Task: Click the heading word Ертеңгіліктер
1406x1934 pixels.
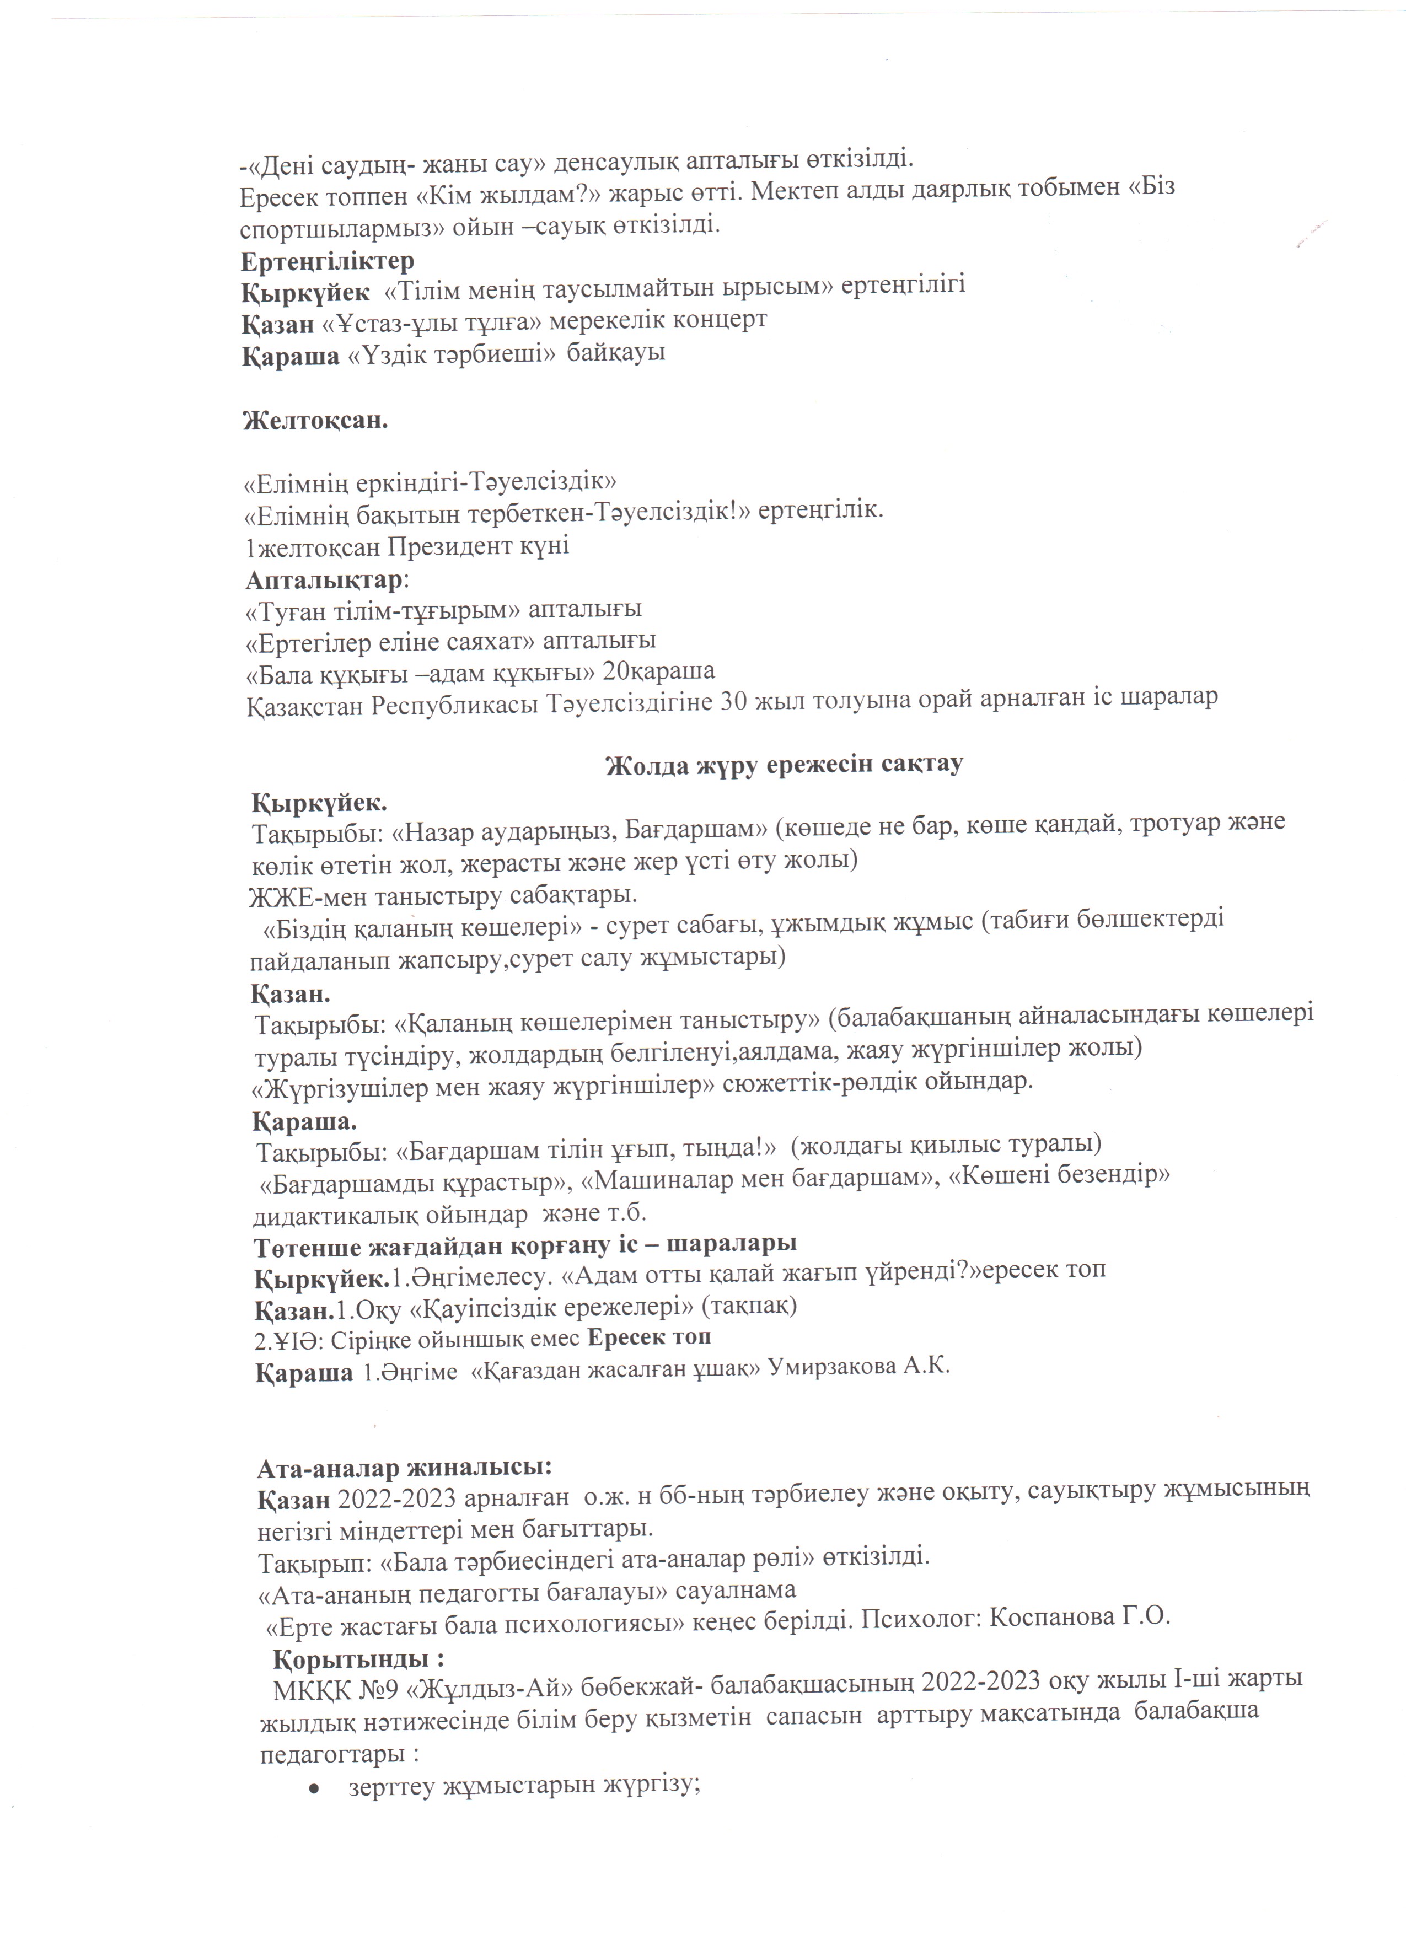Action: tap(328, 260)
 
